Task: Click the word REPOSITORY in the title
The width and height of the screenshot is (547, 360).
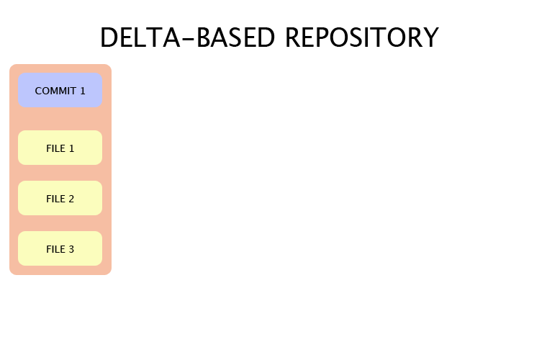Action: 361,37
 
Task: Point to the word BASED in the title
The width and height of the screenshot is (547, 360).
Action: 237,37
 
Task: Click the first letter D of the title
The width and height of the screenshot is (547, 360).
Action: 109,37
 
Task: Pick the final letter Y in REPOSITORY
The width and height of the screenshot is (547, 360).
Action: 430,37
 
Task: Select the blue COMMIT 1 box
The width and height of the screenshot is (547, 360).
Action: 60,91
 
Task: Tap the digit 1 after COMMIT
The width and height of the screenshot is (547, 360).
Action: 82,91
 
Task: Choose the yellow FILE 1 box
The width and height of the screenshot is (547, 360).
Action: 60,148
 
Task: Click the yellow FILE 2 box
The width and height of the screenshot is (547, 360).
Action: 60,198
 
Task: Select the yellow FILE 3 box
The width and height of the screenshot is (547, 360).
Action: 60,248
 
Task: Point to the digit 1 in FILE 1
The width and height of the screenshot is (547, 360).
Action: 71,148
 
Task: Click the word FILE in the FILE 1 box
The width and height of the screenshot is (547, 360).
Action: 55,148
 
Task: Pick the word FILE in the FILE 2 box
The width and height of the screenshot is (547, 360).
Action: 55,199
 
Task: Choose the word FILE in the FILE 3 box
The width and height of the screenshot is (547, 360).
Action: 55,249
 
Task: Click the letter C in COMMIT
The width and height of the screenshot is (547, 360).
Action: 39,91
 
